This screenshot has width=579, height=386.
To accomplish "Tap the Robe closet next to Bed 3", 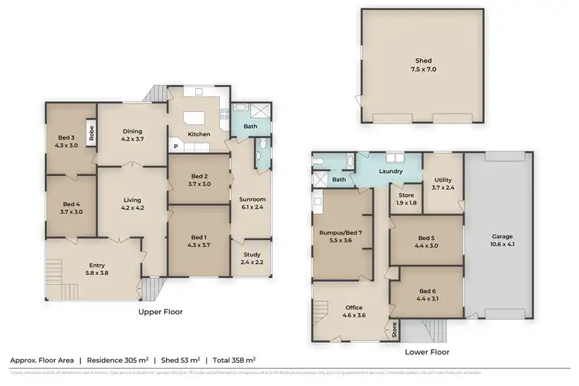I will [90, 132].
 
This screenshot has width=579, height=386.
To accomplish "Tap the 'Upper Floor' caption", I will [160, 312].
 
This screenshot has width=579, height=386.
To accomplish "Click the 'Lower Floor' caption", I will [427, 351].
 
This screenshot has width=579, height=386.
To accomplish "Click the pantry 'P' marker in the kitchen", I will [174, 147].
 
